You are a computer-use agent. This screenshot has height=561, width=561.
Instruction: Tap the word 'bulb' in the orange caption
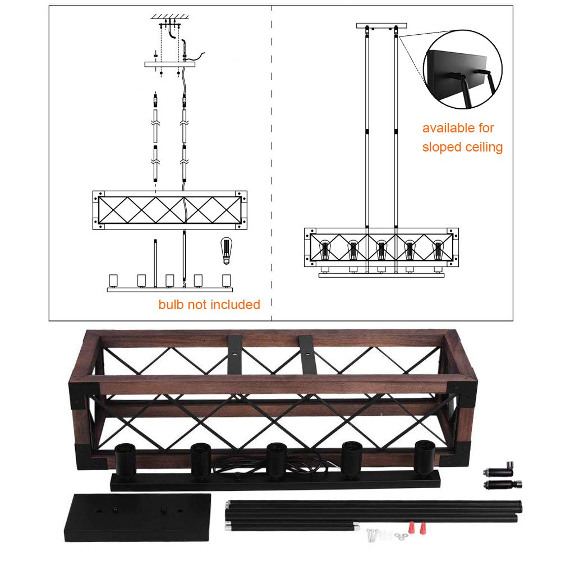pyautogui.click(x=171, y=305)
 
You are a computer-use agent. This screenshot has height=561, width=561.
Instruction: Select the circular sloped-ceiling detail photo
pyautogui.click(x=463, y=70)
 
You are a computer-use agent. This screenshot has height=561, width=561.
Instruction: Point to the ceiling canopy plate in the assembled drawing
pyautogui.click(x=381, y=26)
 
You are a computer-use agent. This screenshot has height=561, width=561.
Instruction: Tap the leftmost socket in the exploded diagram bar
pyautogui.click(x=113, y=279)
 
